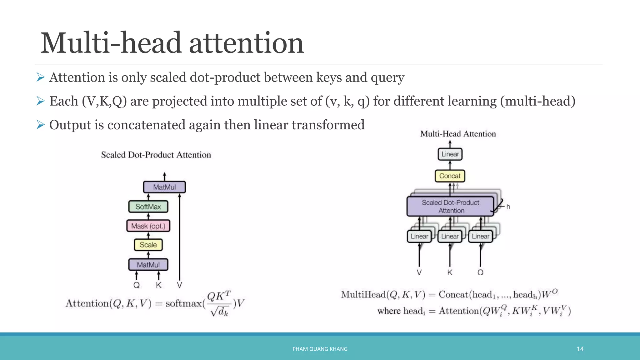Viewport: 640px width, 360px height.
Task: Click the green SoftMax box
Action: (148, 207)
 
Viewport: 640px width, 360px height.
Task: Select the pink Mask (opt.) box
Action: (148, 226)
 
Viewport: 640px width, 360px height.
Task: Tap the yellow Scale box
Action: (148, 245)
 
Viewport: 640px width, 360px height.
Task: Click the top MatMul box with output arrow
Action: (164, 187)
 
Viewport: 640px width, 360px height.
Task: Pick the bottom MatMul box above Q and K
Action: (148, 265)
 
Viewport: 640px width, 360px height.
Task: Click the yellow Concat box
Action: (450, 176)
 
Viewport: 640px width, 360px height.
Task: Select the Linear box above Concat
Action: (450, 154)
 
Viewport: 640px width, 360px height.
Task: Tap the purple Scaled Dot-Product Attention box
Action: (450, 206)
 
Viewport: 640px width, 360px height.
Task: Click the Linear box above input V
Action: (419, 236)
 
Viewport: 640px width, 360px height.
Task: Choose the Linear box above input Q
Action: (480, 236)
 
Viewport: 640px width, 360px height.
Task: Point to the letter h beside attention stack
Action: (508, 207)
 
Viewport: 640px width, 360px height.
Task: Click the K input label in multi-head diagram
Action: (450, 272)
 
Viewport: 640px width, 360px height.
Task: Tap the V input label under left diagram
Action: (179, 285)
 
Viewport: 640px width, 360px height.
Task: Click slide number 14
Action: (580, 349)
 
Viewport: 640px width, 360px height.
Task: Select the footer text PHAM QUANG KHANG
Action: (320, 349)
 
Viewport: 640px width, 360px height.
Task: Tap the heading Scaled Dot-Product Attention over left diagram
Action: (156, 155)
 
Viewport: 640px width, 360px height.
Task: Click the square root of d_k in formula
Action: (220, 311)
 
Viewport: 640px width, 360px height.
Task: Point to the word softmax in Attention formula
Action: (184, 303)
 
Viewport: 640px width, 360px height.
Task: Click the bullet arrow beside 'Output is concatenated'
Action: (41, 125)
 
